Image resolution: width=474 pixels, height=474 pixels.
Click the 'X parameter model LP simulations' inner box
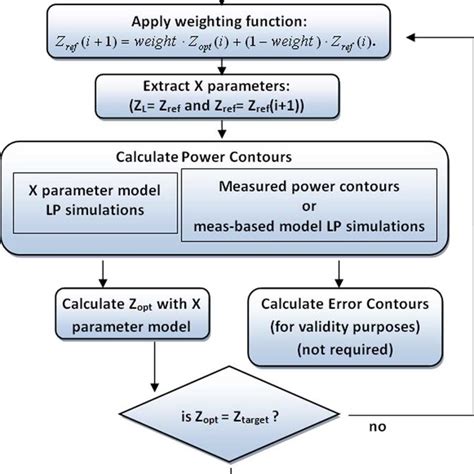pyautogui.click(x=91, y=201)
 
